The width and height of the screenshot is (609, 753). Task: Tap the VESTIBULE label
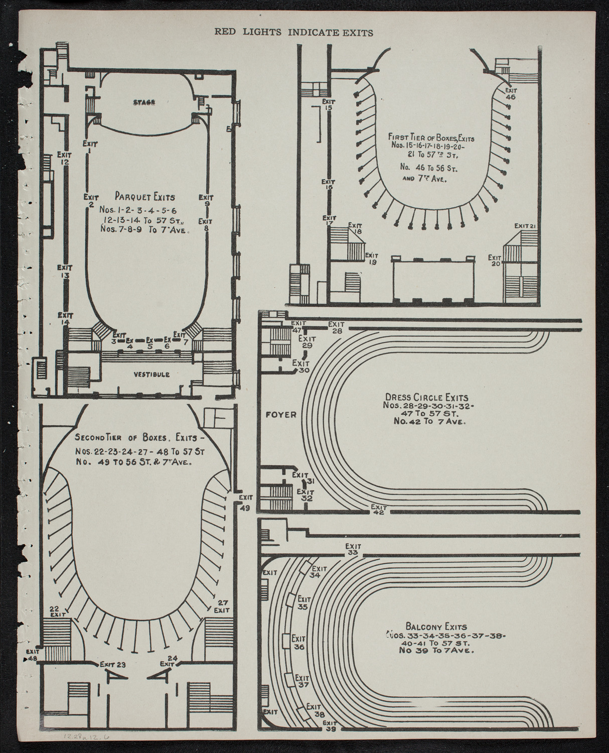151,374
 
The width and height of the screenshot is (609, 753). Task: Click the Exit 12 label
64,158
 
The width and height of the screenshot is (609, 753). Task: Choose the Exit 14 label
64,319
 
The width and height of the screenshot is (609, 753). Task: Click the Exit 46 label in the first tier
511,94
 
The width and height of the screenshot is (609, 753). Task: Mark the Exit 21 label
526,226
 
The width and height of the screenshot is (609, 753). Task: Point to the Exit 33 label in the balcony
353,549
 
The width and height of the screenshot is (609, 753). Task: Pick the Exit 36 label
299,643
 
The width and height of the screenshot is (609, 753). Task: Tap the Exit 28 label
336,327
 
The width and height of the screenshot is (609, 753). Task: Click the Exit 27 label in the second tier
221,606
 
